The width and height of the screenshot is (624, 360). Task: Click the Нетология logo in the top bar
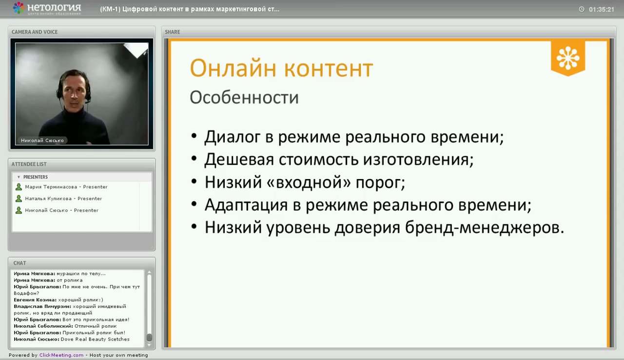[x=47, y=8]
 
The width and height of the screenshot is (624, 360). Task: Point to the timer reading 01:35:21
[x=601, y=9]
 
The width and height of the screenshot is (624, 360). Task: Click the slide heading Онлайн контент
[x=281, y=68]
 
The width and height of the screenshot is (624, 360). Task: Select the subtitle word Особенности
[x=244, y=97]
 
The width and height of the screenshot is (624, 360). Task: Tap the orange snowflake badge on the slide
[x=568, y=58]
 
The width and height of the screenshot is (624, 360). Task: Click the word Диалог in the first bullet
[x=232, y=137]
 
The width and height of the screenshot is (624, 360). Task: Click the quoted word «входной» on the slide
[x=304, y=182]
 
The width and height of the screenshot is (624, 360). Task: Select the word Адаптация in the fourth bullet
[x=245, y=205]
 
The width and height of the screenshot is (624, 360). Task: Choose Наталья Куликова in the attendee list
[x=51, y=199]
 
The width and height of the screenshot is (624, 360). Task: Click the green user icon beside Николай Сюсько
[x=19, y=210]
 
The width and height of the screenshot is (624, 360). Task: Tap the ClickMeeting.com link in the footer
[x=61, y=355]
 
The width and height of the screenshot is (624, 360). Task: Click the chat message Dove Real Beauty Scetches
[x=95, y=339]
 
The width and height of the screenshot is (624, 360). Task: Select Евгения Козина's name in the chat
[x=35, y=300]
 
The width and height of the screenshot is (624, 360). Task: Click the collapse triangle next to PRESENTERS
[x=19, y=177]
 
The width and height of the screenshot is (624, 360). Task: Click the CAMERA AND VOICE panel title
[x=35, y=32]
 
